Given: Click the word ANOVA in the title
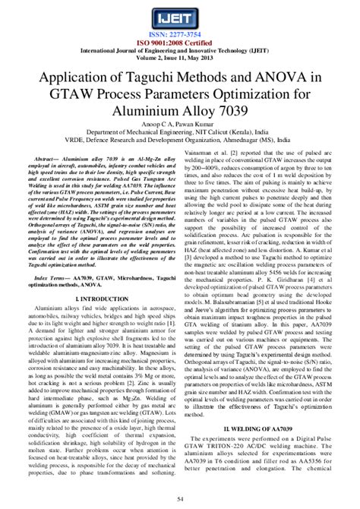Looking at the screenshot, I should point(286,78).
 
